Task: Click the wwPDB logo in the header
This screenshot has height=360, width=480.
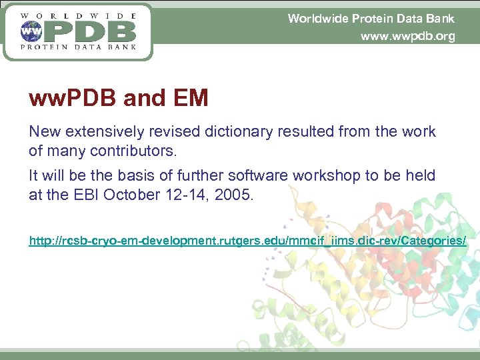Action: pos(79,31)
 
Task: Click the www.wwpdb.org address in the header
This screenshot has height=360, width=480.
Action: pos(407,37)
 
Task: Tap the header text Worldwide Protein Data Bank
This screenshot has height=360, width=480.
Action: pos(371,19)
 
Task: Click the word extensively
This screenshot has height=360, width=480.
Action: pos(104,132)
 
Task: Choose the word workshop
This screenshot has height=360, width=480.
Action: pos(317,176)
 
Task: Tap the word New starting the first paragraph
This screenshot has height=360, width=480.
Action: pos(43,132)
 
